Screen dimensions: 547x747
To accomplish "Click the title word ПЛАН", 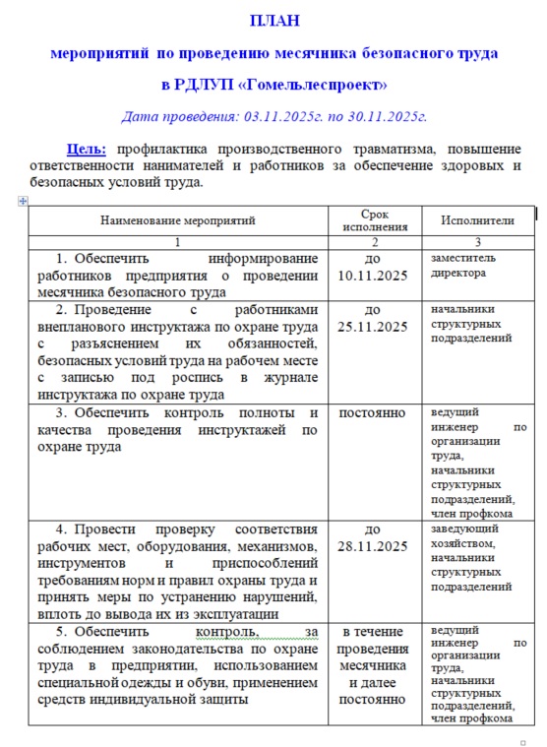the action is coord(273,20).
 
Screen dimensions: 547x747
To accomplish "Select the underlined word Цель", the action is coord(87,149).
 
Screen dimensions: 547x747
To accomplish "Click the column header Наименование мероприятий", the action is coord(177,221).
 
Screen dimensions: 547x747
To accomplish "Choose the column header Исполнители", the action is coord(477,221).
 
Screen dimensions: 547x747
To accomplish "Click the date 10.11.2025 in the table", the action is coord(374,275).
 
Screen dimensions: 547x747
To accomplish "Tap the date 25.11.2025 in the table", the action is coord(374,327).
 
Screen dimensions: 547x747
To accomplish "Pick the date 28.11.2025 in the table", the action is coord(374,546).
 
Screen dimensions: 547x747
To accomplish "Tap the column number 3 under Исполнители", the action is coord(477,241).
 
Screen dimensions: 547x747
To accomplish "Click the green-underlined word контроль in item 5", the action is coord(228,631).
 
